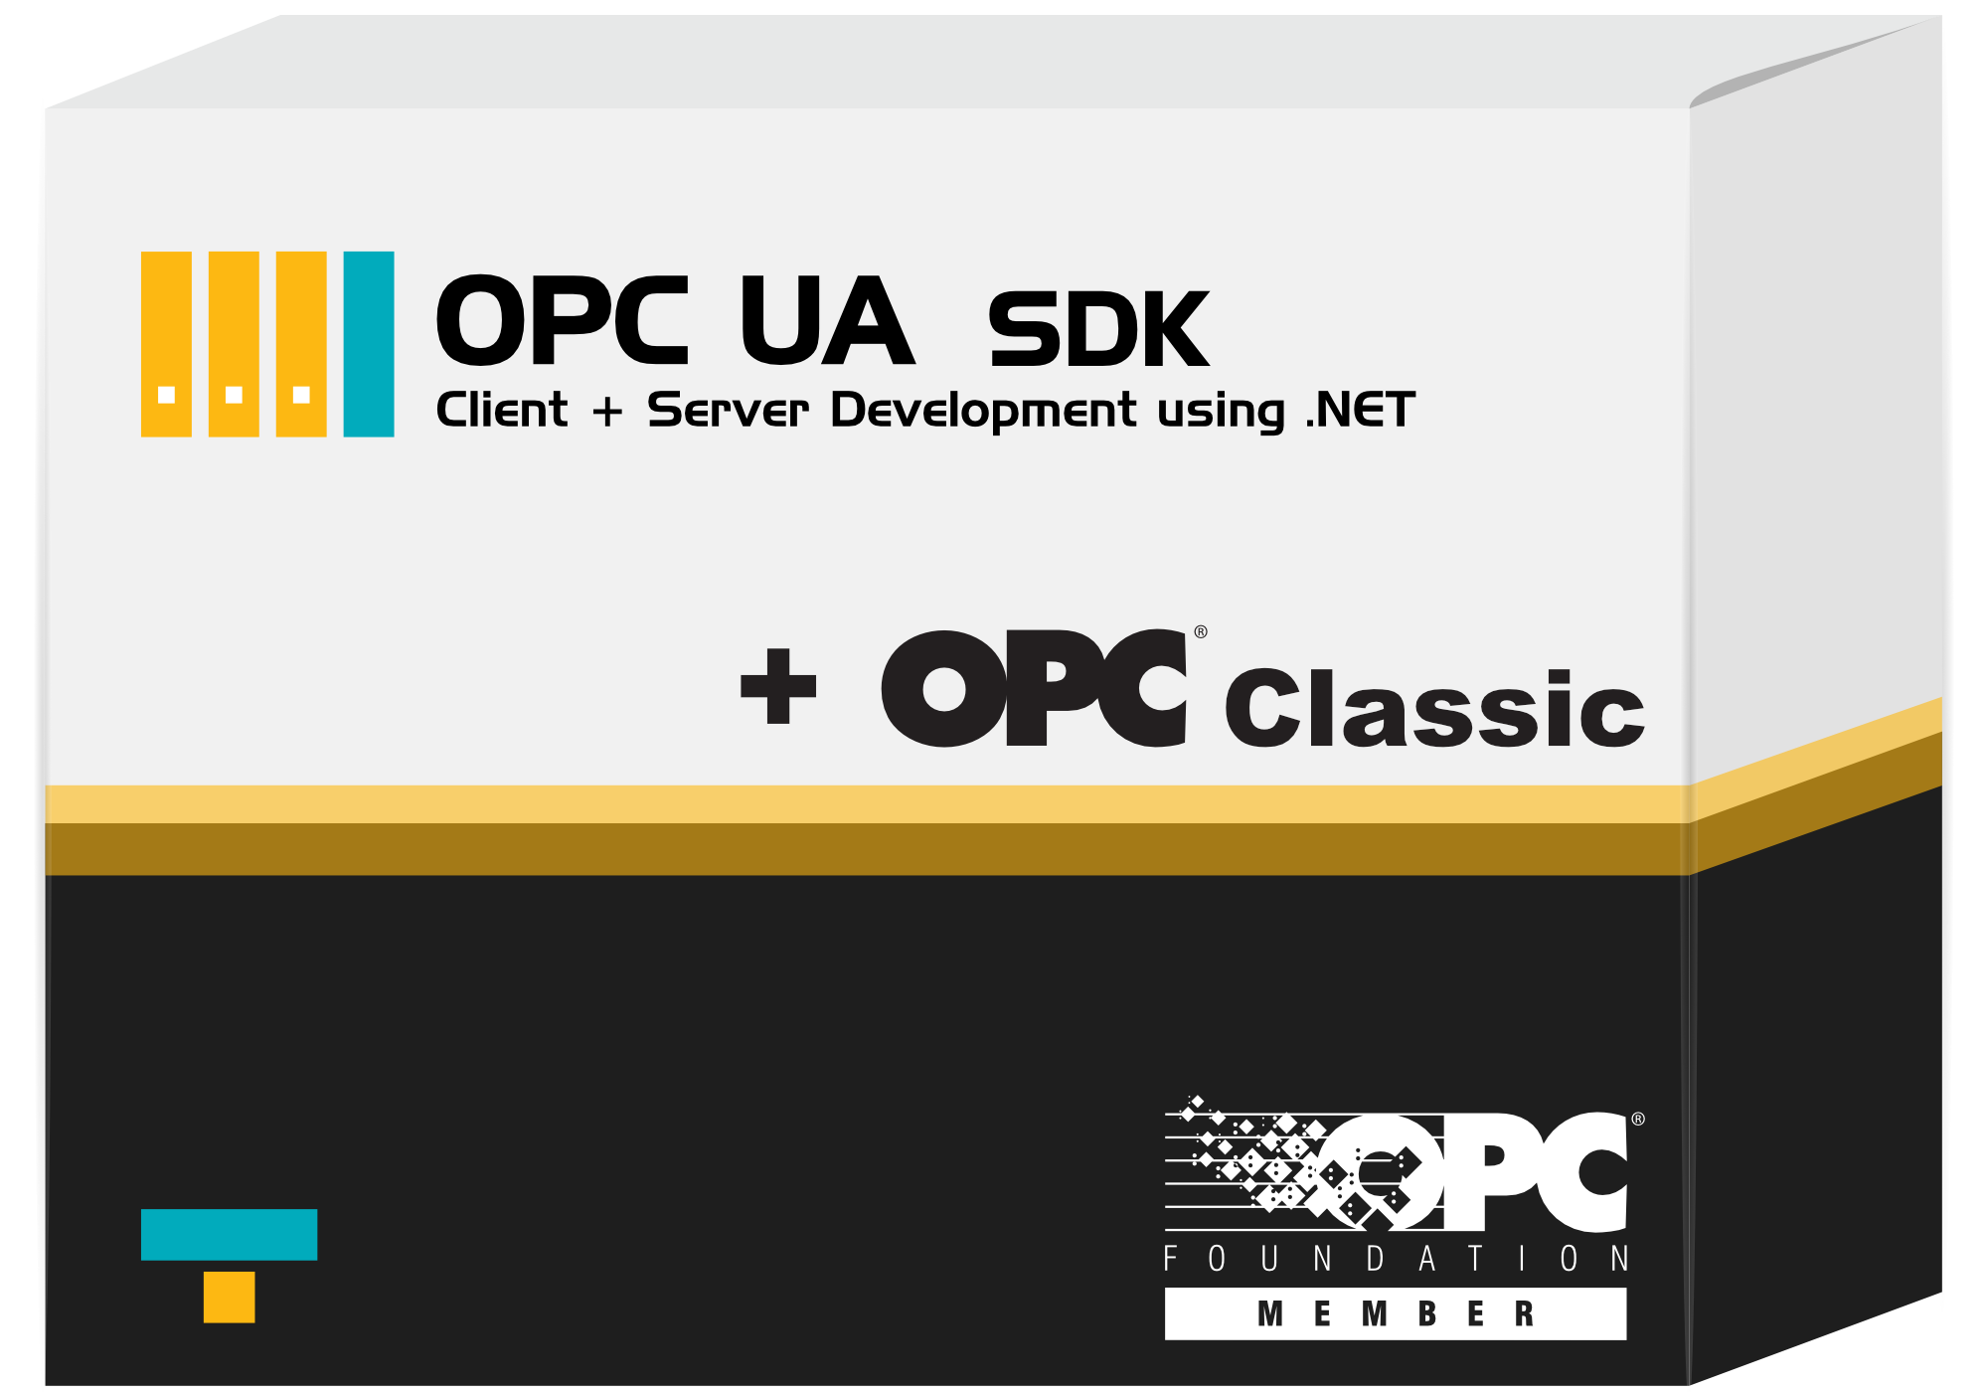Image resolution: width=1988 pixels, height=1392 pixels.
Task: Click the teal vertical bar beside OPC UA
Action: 369,344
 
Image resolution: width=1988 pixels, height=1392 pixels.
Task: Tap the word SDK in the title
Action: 1098,329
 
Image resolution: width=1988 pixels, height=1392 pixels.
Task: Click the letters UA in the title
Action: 826,320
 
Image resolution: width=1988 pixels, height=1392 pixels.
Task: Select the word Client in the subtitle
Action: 502,410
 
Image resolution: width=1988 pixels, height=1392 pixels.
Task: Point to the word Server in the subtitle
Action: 728,410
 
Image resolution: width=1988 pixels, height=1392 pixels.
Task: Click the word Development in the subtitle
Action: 983,412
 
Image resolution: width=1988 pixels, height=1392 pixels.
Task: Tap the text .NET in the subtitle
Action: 1361,410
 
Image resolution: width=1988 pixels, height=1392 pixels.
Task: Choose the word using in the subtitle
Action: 1222,413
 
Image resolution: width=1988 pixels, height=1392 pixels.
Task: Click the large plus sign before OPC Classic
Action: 778,686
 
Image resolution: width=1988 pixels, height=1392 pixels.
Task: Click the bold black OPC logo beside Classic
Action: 1034,688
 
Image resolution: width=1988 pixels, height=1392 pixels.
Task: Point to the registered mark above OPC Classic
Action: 1201,632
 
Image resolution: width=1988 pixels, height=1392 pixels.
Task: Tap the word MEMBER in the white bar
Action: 1396,1314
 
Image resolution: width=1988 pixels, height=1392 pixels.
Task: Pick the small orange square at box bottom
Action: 230,1298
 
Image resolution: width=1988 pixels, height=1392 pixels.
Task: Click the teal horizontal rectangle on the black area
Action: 230,1235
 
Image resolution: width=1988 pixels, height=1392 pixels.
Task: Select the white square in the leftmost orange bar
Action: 167,395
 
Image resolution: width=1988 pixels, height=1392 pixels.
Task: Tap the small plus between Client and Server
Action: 607,412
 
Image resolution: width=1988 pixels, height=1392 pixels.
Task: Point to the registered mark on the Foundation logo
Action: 1638,1119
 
